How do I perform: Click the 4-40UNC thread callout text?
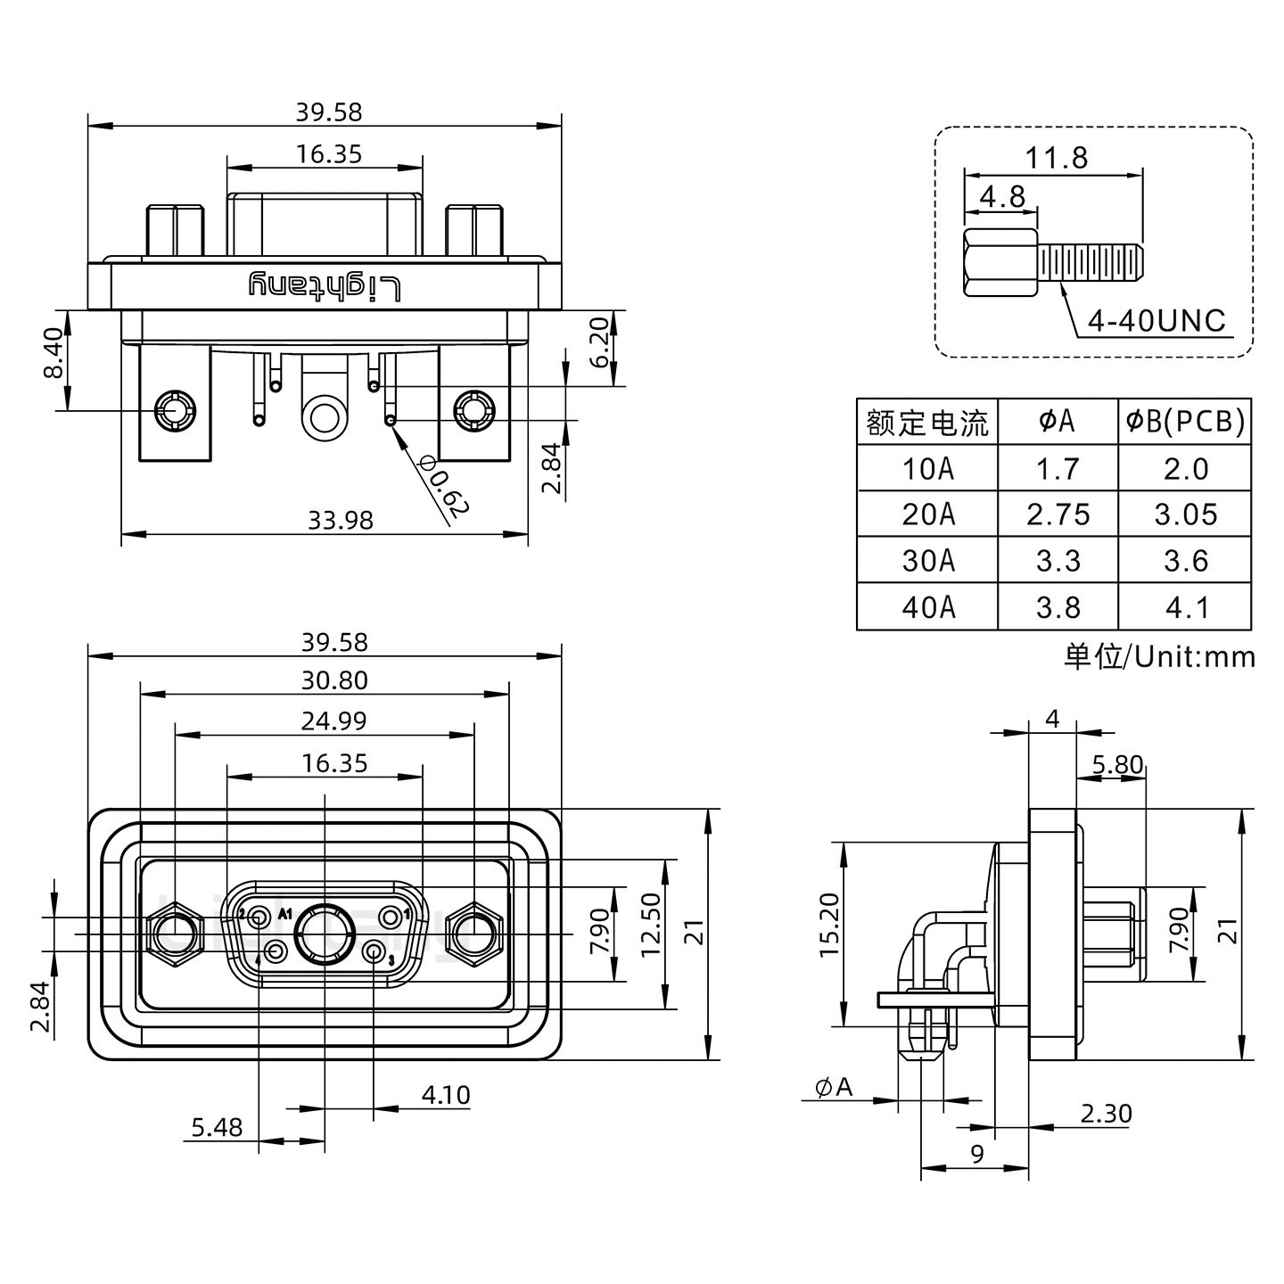click(1157, 321)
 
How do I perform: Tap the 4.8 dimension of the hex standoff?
click(1002, 196)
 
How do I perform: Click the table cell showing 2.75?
click(1058, 514)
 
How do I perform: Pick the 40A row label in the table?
click(927, 607)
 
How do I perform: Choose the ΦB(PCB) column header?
click(1185, 421)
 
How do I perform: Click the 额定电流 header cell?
click(927, 422)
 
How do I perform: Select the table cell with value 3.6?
click(1185, 561)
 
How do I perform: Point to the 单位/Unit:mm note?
click(1159, 657)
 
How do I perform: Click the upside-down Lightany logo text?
click(325, 286)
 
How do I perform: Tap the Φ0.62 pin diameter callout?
click(442, 486)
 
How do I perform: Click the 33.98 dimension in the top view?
click(340, 520)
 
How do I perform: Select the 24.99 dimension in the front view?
click(333, 720)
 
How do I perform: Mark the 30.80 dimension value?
click(334, 680)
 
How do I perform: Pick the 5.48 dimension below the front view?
click(217, 1127)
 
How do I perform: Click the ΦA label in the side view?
click(834, 1087)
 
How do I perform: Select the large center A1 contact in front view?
click(324, 934)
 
